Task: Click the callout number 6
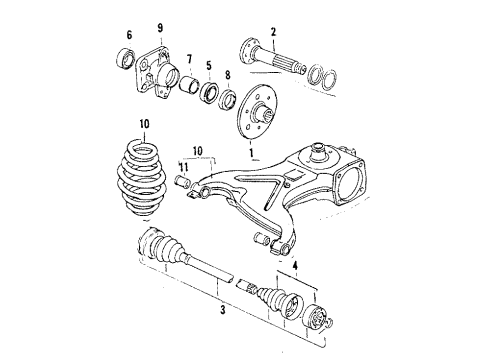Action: click(x=129, y=35)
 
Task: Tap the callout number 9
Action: click(x=160, y=28)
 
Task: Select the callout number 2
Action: click(x=274, y=32)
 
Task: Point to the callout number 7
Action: click(x=189, y=59)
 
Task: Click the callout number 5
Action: click(x=209, y=65)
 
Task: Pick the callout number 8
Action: click(x=228, y=75)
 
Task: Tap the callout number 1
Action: click(x=251, y=153)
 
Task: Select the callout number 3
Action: click(x=223, y=310)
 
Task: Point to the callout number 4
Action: click(x=295, y=266)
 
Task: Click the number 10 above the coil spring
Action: click(x=144, y=124)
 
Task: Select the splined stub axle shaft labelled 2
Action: click(x=274, y=57)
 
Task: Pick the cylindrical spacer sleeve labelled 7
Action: click(x=189, y=84)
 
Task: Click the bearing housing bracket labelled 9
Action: click(x=156, y=72)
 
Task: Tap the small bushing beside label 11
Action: click(x=183, y=182)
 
